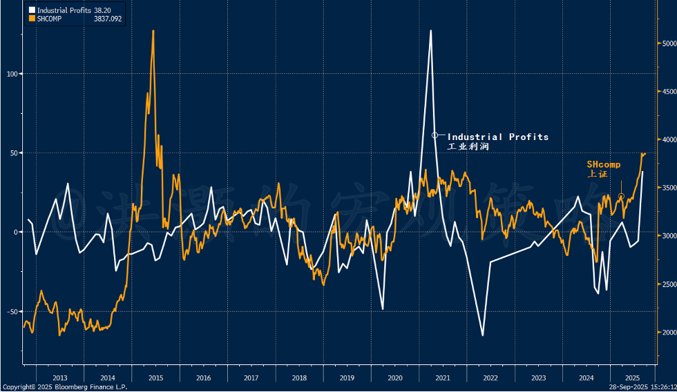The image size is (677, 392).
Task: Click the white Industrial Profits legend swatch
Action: pos(31,10)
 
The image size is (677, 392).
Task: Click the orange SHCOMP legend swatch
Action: pos(31,19)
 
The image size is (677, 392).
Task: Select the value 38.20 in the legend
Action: pos(102,10)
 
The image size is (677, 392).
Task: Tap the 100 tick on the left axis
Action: pos(12,74)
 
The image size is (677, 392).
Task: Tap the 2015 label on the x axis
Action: pos(155,378)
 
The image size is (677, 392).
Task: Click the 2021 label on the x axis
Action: pos(443,378)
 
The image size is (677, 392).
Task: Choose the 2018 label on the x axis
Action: pos(299,378)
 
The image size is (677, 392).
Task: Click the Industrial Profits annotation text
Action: pos(498,137)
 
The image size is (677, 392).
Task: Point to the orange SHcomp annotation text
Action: pos(604,164)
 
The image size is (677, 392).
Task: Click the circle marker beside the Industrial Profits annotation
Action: pos(435,135)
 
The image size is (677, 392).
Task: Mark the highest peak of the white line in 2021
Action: pos(430,30)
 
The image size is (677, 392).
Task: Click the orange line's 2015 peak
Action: pos(153,30)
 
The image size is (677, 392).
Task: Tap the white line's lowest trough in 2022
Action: pos(482,335)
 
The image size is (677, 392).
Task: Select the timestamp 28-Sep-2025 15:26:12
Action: pos(642,387)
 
